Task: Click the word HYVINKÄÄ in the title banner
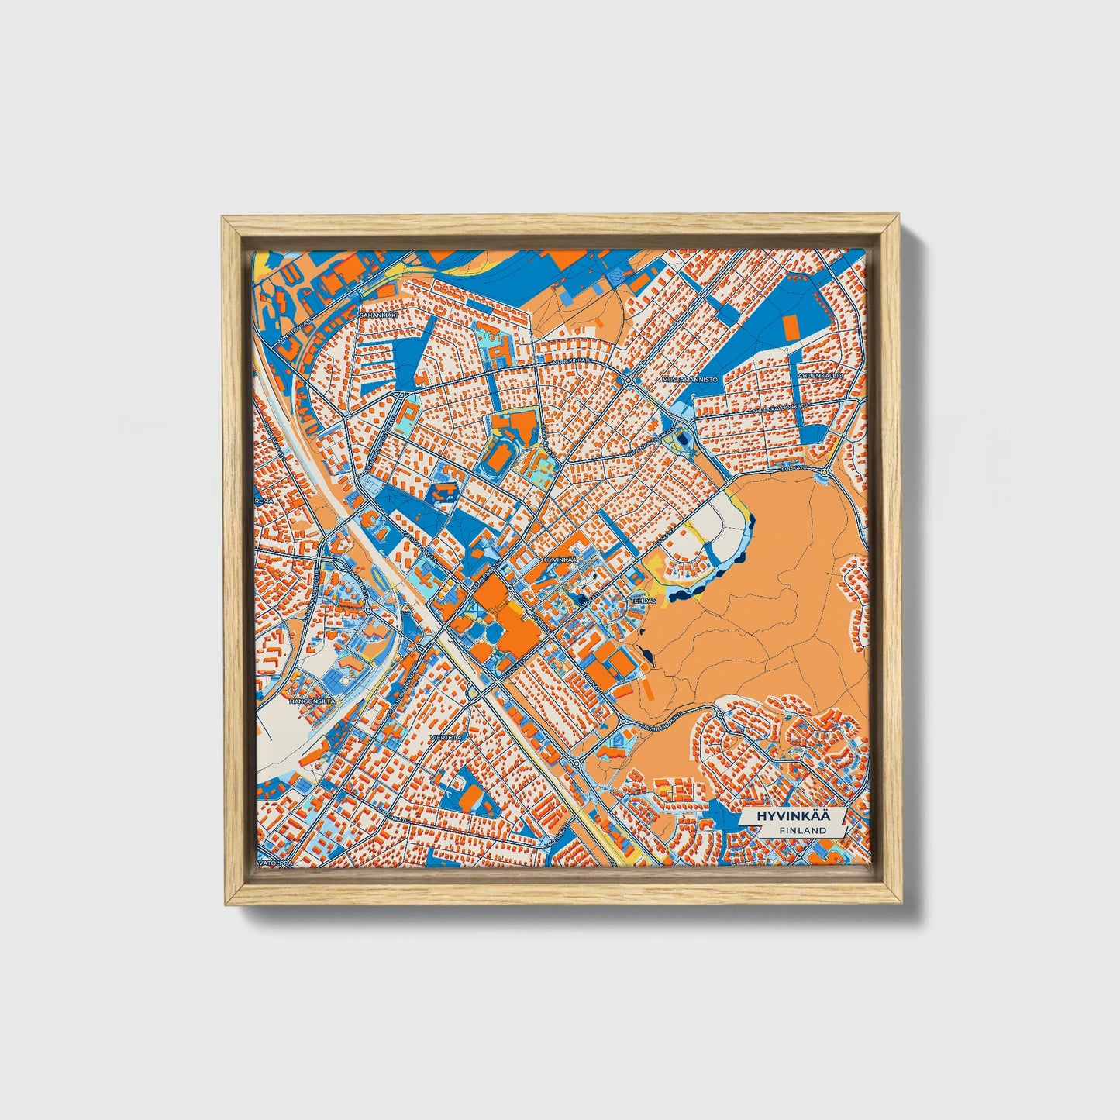(x=785, y=816)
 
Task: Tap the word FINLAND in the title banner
(x=802, y=830)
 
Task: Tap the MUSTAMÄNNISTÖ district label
(x=691, y=380)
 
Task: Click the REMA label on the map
(x=264, y=501)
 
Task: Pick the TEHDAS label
(x=643, y=600)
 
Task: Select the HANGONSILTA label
(x=312, y=700)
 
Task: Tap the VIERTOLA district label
(x=447, y=737)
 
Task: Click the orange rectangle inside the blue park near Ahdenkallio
(x=790, y=329)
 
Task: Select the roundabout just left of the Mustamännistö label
(x=628, y=381)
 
